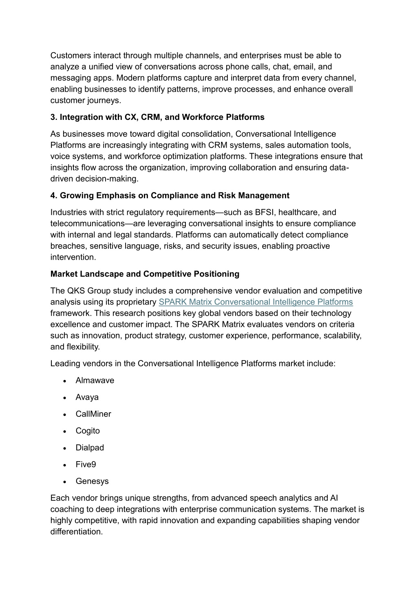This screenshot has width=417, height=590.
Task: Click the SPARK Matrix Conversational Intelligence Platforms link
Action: click(256, 302)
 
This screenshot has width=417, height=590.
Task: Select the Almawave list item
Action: click(95, 380)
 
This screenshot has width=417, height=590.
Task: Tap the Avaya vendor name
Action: click(87, 397)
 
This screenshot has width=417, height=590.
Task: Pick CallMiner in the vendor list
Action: click(93, 414)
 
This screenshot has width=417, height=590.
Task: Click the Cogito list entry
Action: click(87, 431)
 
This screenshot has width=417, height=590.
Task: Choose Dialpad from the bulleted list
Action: click(90, 448)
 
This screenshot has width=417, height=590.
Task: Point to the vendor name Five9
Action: click(86, 464)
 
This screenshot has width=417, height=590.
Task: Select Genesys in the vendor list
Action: click(92, 481)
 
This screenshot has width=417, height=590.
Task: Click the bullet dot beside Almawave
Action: click(65, 381)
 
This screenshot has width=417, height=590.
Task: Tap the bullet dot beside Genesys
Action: click(65, 482)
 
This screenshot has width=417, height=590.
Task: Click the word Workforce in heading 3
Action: click(199, 117)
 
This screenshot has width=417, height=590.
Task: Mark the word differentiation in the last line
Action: click(76, 532)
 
